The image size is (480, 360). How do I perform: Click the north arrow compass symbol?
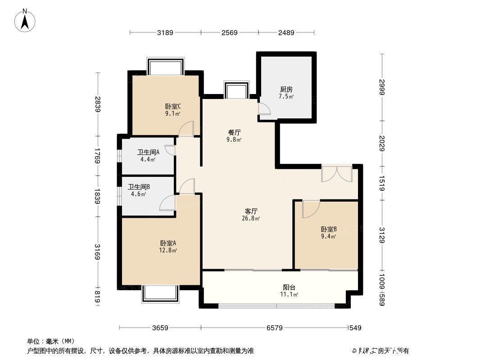(26, 20)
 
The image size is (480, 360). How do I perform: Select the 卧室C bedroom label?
(173, 107)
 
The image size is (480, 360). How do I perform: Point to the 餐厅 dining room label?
(235, 132)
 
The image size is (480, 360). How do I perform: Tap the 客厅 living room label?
(251, 211)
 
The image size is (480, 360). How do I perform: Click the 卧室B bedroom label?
(328, 228)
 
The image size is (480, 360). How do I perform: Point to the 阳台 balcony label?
(289, 287)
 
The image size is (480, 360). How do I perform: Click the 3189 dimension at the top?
(165, 32)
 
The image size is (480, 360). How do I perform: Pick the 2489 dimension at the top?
(286, 32)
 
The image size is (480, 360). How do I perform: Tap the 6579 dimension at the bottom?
(274, 328)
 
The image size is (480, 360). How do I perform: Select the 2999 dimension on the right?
(382, 87)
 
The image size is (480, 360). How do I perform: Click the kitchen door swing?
(264, 108)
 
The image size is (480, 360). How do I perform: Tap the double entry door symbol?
(336, 174)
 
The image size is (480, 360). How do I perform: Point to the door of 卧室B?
(310, 209)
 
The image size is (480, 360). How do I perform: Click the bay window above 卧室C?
(166, 67)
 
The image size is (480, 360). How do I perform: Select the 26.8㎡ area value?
(251, 219)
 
